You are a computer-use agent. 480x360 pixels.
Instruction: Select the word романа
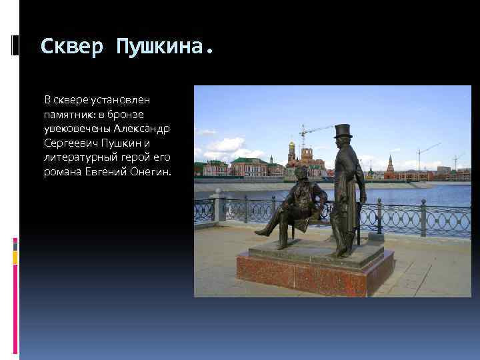[63, 172]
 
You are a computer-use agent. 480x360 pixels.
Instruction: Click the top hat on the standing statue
[343, 131]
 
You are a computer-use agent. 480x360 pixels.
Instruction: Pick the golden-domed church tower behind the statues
[291, 151]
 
